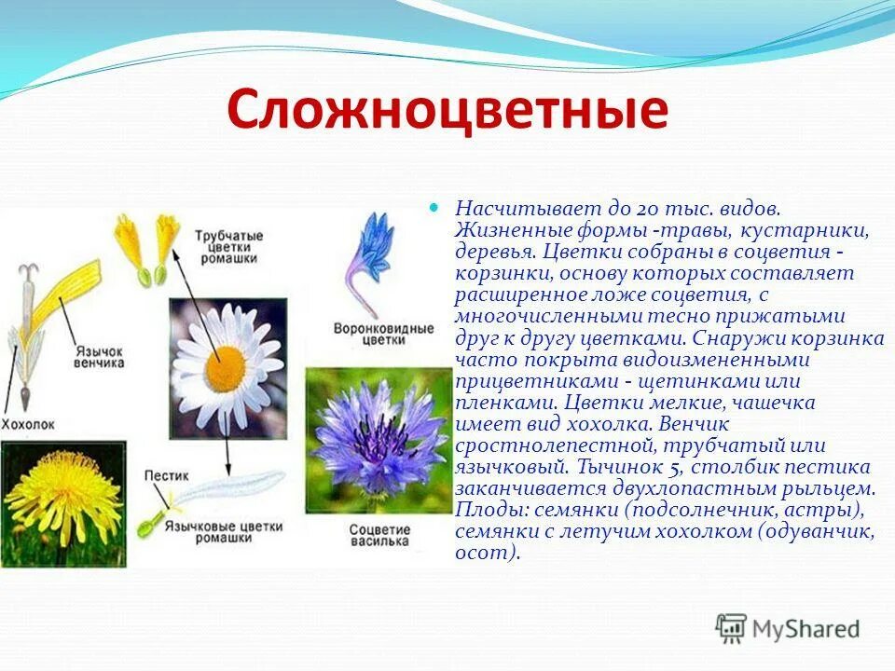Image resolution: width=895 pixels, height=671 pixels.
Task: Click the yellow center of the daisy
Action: [x=224, y=364]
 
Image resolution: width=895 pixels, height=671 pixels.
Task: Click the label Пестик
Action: [x=167, y=475]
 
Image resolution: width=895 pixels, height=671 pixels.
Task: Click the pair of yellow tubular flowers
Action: [x=147, y=247]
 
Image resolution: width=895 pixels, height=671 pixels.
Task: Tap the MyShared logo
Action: [x=788, y=628]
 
